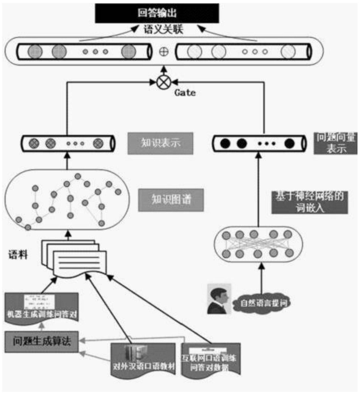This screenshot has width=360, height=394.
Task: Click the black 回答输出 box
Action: coord(157,13)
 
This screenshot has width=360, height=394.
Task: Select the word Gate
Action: coord(185,93)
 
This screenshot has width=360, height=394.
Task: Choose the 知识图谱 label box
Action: coord(171,200)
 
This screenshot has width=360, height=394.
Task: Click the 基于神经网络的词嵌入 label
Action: coord(310,202)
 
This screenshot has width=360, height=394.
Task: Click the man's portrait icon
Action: coord(219,298)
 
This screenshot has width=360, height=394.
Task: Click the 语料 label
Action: coord(18,256)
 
